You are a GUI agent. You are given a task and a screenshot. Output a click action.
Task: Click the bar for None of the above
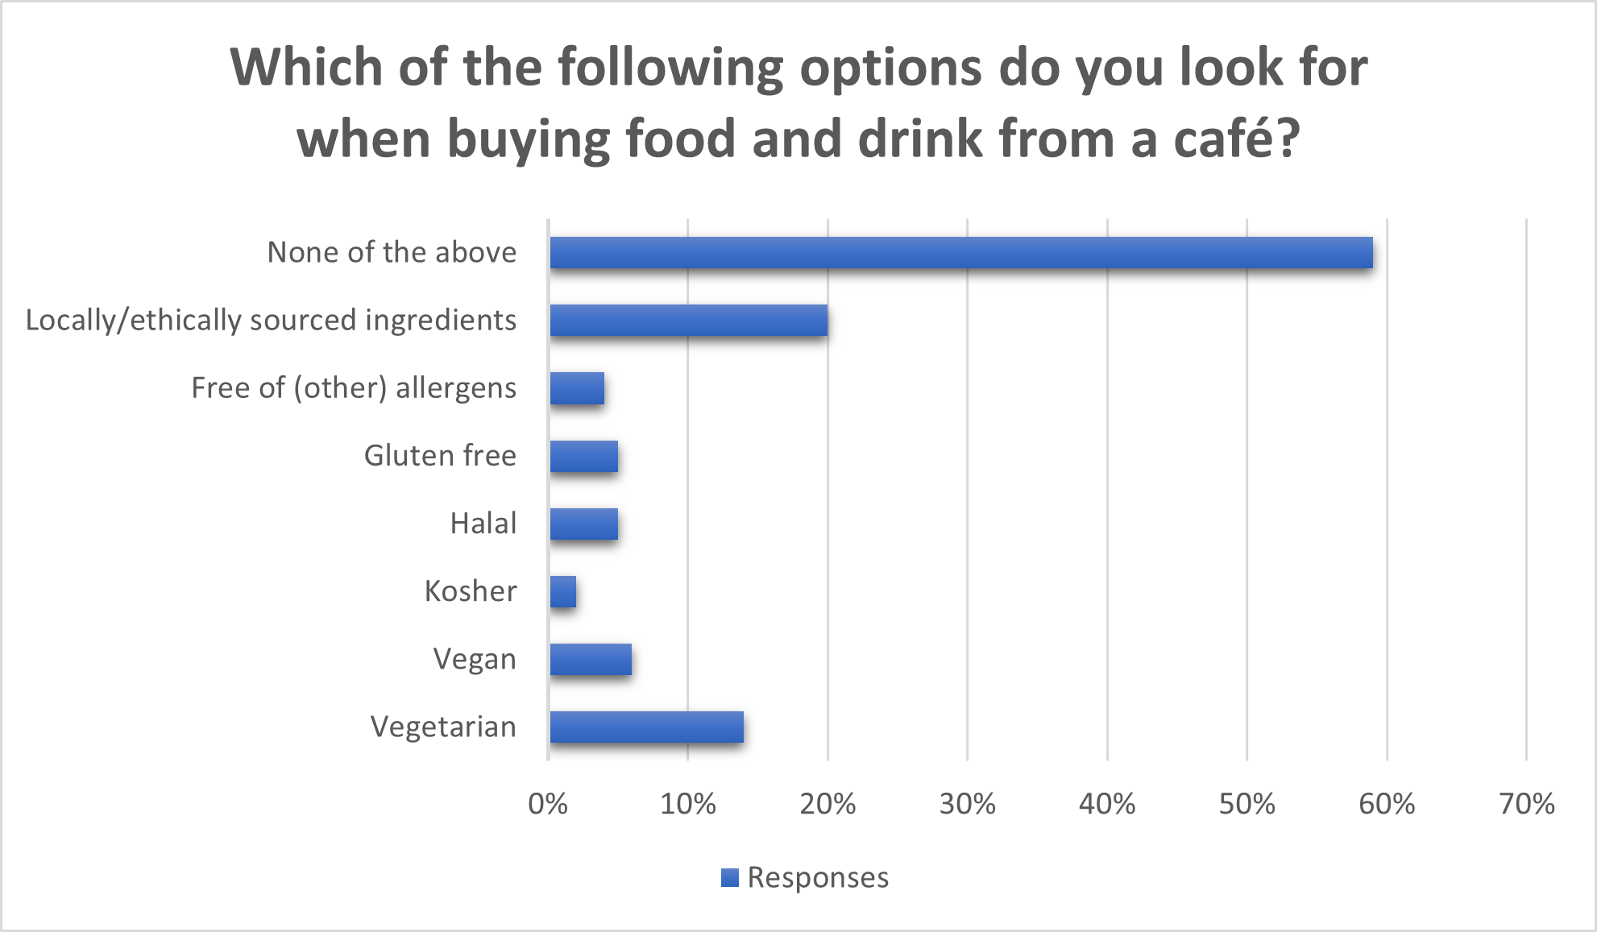coord(960,253)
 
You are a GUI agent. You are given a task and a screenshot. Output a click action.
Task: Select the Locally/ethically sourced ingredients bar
coord(688,321)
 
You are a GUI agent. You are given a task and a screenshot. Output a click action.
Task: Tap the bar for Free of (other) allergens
coord(577,388)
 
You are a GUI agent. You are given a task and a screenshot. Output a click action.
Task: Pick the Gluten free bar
coord(583,456)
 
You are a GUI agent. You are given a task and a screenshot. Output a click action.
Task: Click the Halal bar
coord(583,524)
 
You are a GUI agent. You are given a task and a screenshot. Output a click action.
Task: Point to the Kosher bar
coord(563,591)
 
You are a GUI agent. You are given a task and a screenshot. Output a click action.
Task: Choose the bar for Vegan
coord(591,659)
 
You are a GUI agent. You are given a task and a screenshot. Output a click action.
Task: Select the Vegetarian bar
coord(646,727)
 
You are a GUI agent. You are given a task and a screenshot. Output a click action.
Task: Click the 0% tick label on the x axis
coord(548,804)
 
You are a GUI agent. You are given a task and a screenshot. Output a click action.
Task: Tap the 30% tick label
coord(967,804)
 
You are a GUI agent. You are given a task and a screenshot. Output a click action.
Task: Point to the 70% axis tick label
coord(1526,804)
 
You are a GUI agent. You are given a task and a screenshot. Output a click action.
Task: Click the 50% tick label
coord(1246,804)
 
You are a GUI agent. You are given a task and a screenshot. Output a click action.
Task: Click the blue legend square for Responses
coord(730,877)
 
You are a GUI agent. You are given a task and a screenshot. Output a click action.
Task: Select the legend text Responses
coord(818,877)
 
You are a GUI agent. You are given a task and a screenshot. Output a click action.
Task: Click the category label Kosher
coord(471,591)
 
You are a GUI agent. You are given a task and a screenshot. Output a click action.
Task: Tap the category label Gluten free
coord(440,456)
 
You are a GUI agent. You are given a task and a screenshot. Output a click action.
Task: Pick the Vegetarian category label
coord(443,727)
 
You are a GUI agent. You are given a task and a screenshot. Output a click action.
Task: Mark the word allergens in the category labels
coord(456,388)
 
